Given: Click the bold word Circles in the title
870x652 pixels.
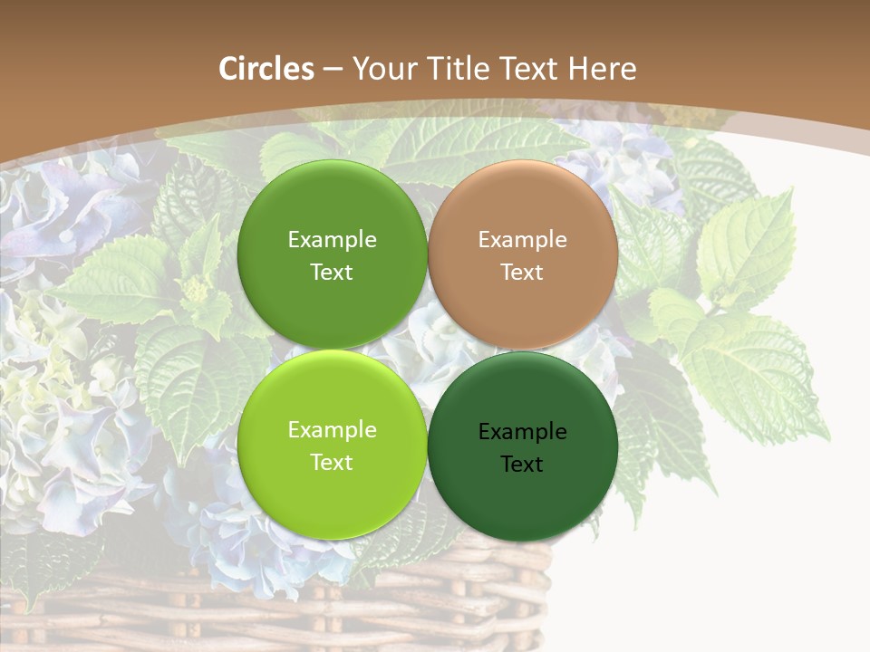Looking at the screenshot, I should coord(266,69).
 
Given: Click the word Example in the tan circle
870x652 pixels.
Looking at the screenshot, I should coord(523,240).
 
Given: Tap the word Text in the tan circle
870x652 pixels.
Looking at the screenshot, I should coord(523,273).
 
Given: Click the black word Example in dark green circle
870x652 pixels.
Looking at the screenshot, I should coord(523,432).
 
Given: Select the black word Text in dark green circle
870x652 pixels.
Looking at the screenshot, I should coord(523,465).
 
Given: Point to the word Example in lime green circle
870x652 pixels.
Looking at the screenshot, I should coord(332,430).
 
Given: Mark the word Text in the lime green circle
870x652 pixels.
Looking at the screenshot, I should coord(332,463).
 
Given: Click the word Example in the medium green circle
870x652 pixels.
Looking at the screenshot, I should coord(332,240).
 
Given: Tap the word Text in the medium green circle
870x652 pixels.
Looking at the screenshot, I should coord(332,273).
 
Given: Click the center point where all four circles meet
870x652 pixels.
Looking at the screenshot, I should coord(428,350).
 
